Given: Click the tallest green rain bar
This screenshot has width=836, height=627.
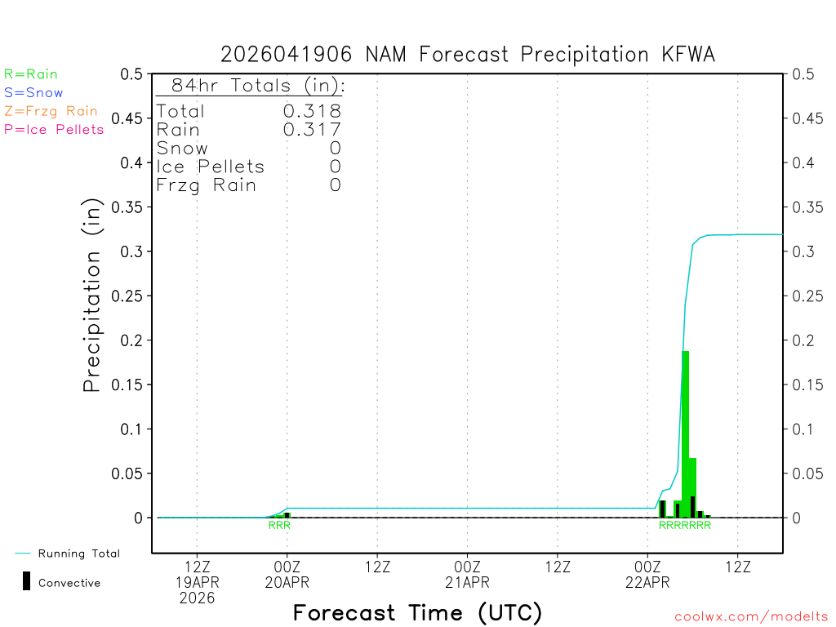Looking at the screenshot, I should [686, 433].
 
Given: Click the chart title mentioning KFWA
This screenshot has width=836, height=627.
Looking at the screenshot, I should [468, 55].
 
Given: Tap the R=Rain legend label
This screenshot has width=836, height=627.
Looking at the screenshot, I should [31, 74].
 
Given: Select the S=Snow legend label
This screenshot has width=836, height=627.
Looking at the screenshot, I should [33, 93].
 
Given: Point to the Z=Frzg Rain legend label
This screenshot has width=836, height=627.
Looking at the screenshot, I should [51, 111].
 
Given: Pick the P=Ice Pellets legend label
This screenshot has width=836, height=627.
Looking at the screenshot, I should [54, 129].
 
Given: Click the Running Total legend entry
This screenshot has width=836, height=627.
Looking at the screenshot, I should [78, 554].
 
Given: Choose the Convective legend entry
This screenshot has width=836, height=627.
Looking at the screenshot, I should [69, 583].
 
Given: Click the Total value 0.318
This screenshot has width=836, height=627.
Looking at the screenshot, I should [312, 111].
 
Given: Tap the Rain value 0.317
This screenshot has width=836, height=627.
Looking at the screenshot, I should [312, 130].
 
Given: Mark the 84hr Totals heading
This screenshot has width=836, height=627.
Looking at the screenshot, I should [250, 86].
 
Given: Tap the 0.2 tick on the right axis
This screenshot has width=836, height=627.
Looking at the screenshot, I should [801, 340].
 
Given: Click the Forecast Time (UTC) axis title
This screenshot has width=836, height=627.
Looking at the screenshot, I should [417, 612].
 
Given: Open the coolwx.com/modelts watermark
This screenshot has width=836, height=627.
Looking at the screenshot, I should [751, 617].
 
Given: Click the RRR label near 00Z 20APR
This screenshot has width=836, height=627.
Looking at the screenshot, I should [279, 526].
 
